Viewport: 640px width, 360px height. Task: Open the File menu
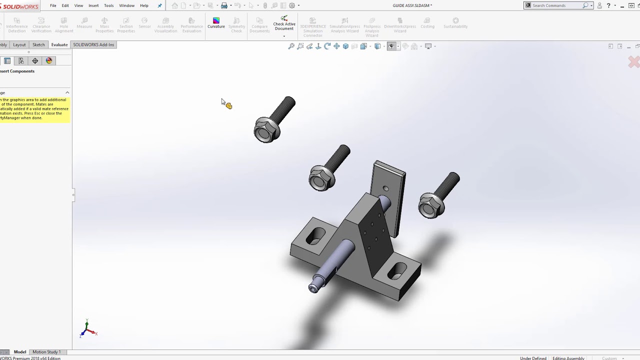coord(53,5)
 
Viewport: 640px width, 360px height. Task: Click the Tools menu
coord(108,5)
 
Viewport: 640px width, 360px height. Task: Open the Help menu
coord(144,5)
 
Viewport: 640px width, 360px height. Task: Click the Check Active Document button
coord(284,24)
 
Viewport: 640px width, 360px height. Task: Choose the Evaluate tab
coord(59,44)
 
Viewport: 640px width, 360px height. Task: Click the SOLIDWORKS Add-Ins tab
coord(93,44)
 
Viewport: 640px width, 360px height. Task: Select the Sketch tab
coord(38,44)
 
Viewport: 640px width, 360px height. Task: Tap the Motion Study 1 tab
coord(46,352)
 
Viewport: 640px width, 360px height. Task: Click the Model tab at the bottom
coord(20,352)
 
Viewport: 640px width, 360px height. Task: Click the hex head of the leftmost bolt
coord(265,130)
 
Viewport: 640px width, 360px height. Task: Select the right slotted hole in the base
coord(398,271)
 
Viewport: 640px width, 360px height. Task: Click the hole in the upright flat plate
coord(385,188)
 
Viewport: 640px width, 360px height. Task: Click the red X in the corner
coord(633,62)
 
